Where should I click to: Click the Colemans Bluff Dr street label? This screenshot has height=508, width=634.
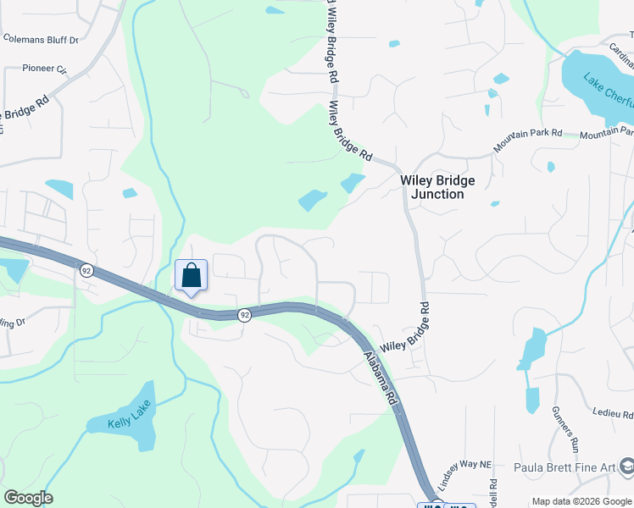[40, 39]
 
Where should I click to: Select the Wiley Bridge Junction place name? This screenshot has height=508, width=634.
[437, 187]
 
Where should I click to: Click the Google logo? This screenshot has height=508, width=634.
[28, 498]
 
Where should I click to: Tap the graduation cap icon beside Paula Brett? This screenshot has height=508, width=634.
[626, 467]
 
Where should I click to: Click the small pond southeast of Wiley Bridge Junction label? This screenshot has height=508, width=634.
[494, 204]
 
